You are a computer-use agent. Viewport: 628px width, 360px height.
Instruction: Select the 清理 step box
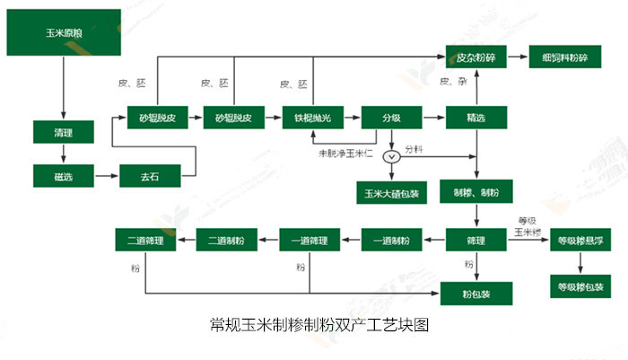(x=63, y=132)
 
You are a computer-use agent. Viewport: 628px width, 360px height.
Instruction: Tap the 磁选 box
(x=63, y=176)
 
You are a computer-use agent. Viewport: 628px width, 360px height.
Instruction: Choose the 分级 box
(x=391, y=118)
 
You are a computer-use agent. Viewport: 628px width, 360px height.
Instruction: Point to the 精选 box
(x=476, y=118)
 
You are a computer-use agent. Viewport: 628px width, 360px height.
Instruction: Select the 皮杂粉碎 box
(x=476, y=57)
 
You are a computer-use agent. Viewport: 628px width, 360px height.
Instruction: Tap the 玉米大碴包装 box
(x=391, y=191)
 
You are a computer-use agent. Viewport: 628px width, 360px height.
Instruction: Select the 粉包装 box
(x=476, y=293)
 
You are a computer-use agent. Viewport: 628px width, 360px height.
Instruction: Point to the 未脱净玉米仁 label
(x=348, y=154)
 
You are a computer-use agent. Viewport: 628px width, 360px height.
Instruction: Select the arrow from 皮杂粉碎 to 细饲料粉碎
(x=518, y=57)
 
